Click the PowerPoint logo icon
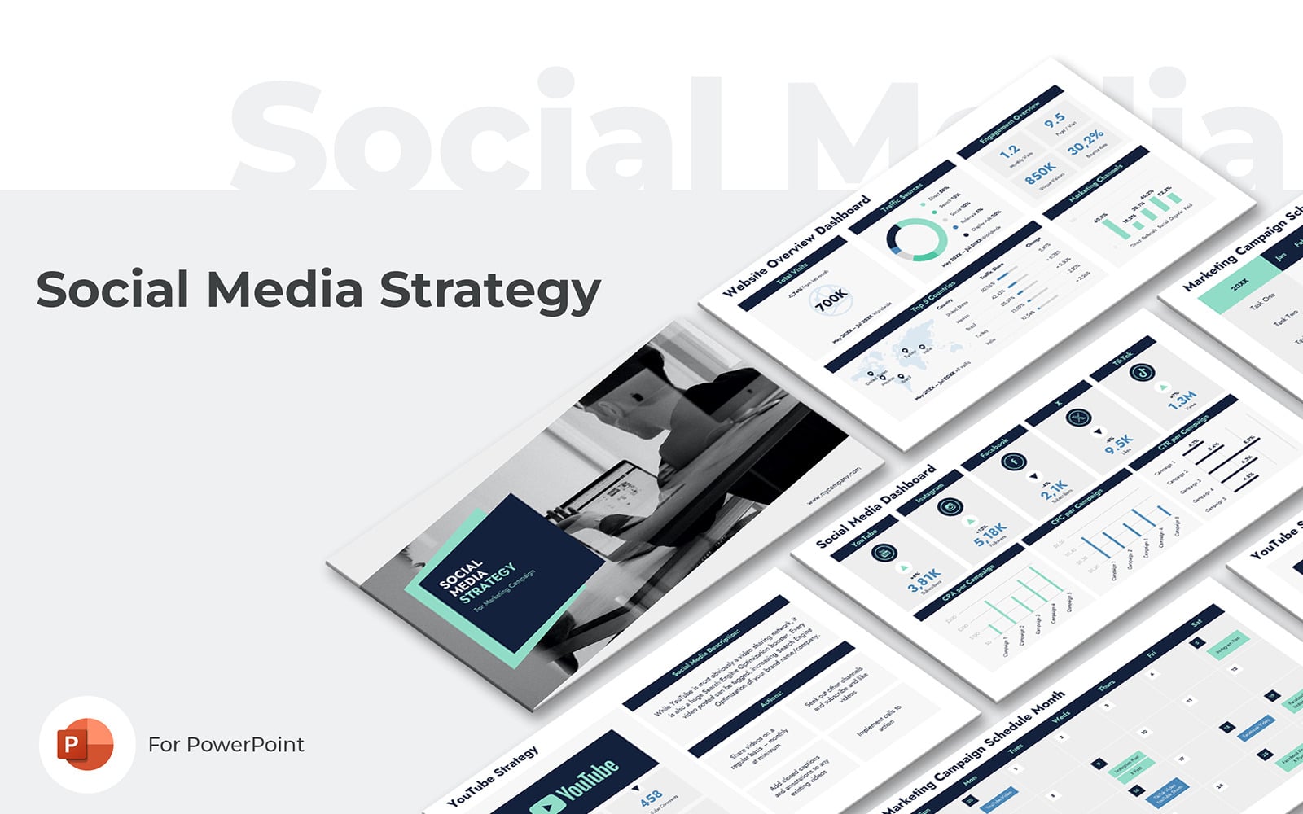pyautogui.click(x=86, y=744)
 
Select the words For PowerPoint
pyautogui.click(x=226, y=744)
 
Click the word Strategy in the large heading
pyautogui.click(x=490, y=290)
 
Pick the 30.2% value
pyautogui.click(x=1086, y=141)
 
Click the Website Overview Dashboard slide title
pyautogui.click(x=796, y=245)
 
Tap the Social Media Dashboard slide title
pyautogui.click(x=875, y=506)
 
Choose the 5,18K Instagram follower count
pyautogui.click(x=990, y=534)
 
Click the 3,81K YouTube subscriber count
pyautogui.click(x=924, y=579)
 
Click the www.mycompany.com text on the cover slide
pyautogui.click(x=833, y=486)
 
